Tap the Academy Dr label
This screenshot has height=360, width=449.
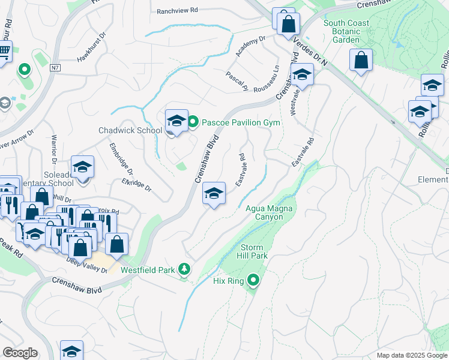pyautogui.click(x=250, y=47)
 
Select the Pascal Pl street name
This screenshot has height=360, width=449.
pyautogui.click(x=237, y=81)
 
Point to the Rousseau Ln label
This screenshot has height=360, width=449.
pyautogui.click(x=267, y=78)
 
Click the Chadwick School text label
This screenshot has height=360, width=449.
pyautogui.click(x=130, y=130)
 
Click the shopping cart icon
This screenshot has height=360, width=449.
pyautogui.click(x=4, y=52)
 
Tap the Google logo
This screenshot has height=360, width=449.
pyautogui.click(x=20, y=353)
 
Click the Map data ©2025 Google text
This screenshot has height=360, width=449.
pyautogui.click(x=412, y=355)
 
